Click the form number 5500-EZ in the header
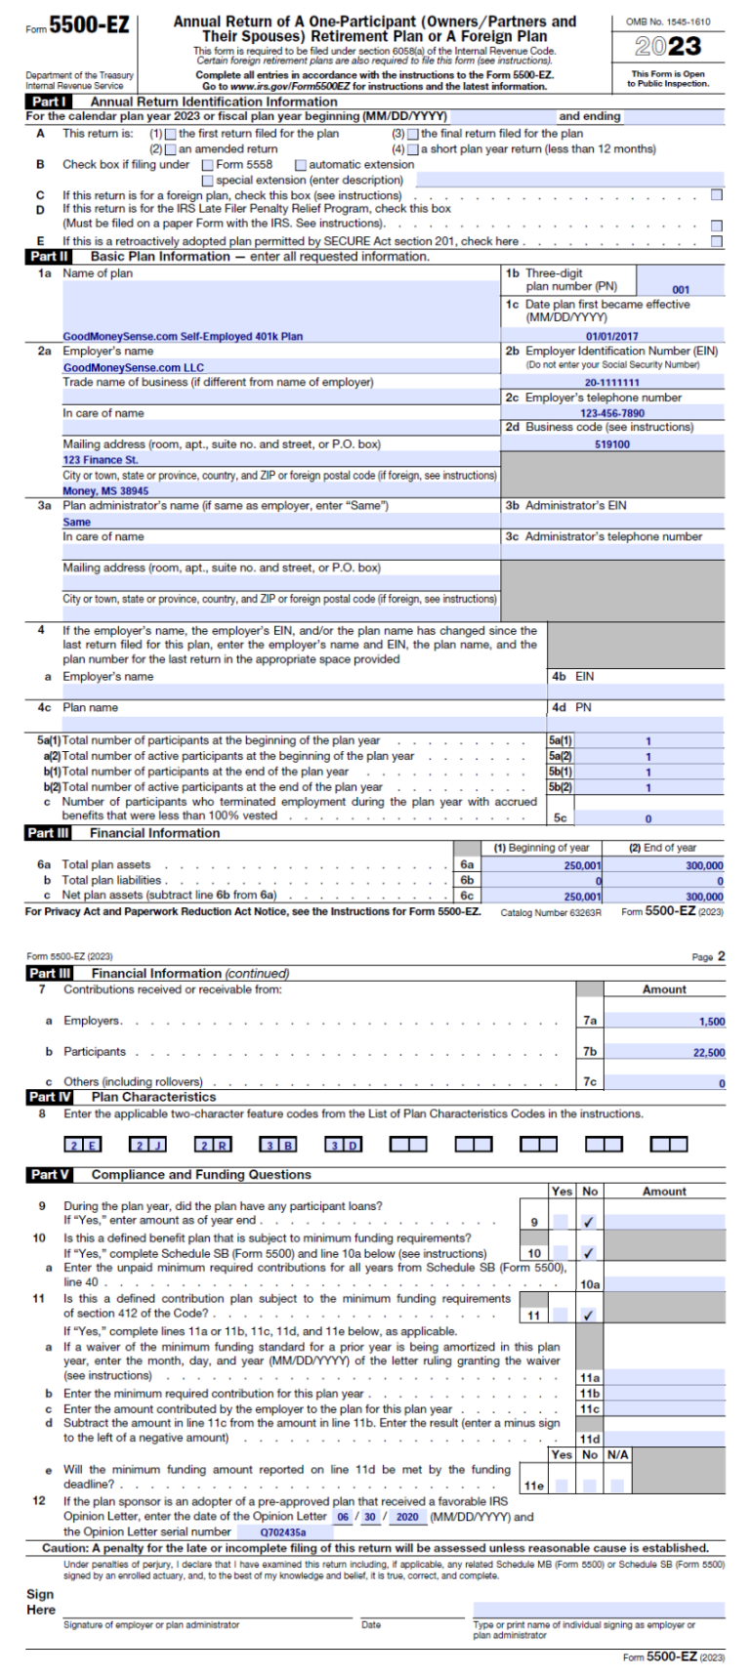[x=89, y=26]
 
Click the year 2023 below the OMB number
[x=668, y=46]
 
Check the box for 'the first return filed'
[x=172, y=134]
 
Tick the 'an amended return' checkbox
[x=172, y=149]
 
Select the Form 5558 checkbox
[x=208, y=165]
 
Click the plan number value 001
[x=681, y=290]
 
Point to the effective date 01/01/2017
[x=611, y=336]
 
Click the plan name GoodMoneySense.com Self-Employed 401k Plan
[x=183, y=336]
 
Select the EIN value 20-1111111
[x=612, y=383]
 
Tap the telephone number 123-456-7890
[x=612, y=413]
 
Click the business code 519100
[x=612, y=444]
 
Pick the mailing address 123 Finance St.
[x=101, y=459]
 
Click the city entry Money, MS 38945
[x=106, y=491]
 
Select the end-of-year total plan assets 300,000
[x=703, y=865]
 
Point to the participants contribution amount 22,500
[x=708, y=1053]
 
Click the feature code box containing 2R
[x=214, y=1145]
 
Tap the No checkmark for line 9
[x=589, y=1222]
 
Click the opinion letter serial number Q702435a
[x=282, y=1532]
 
